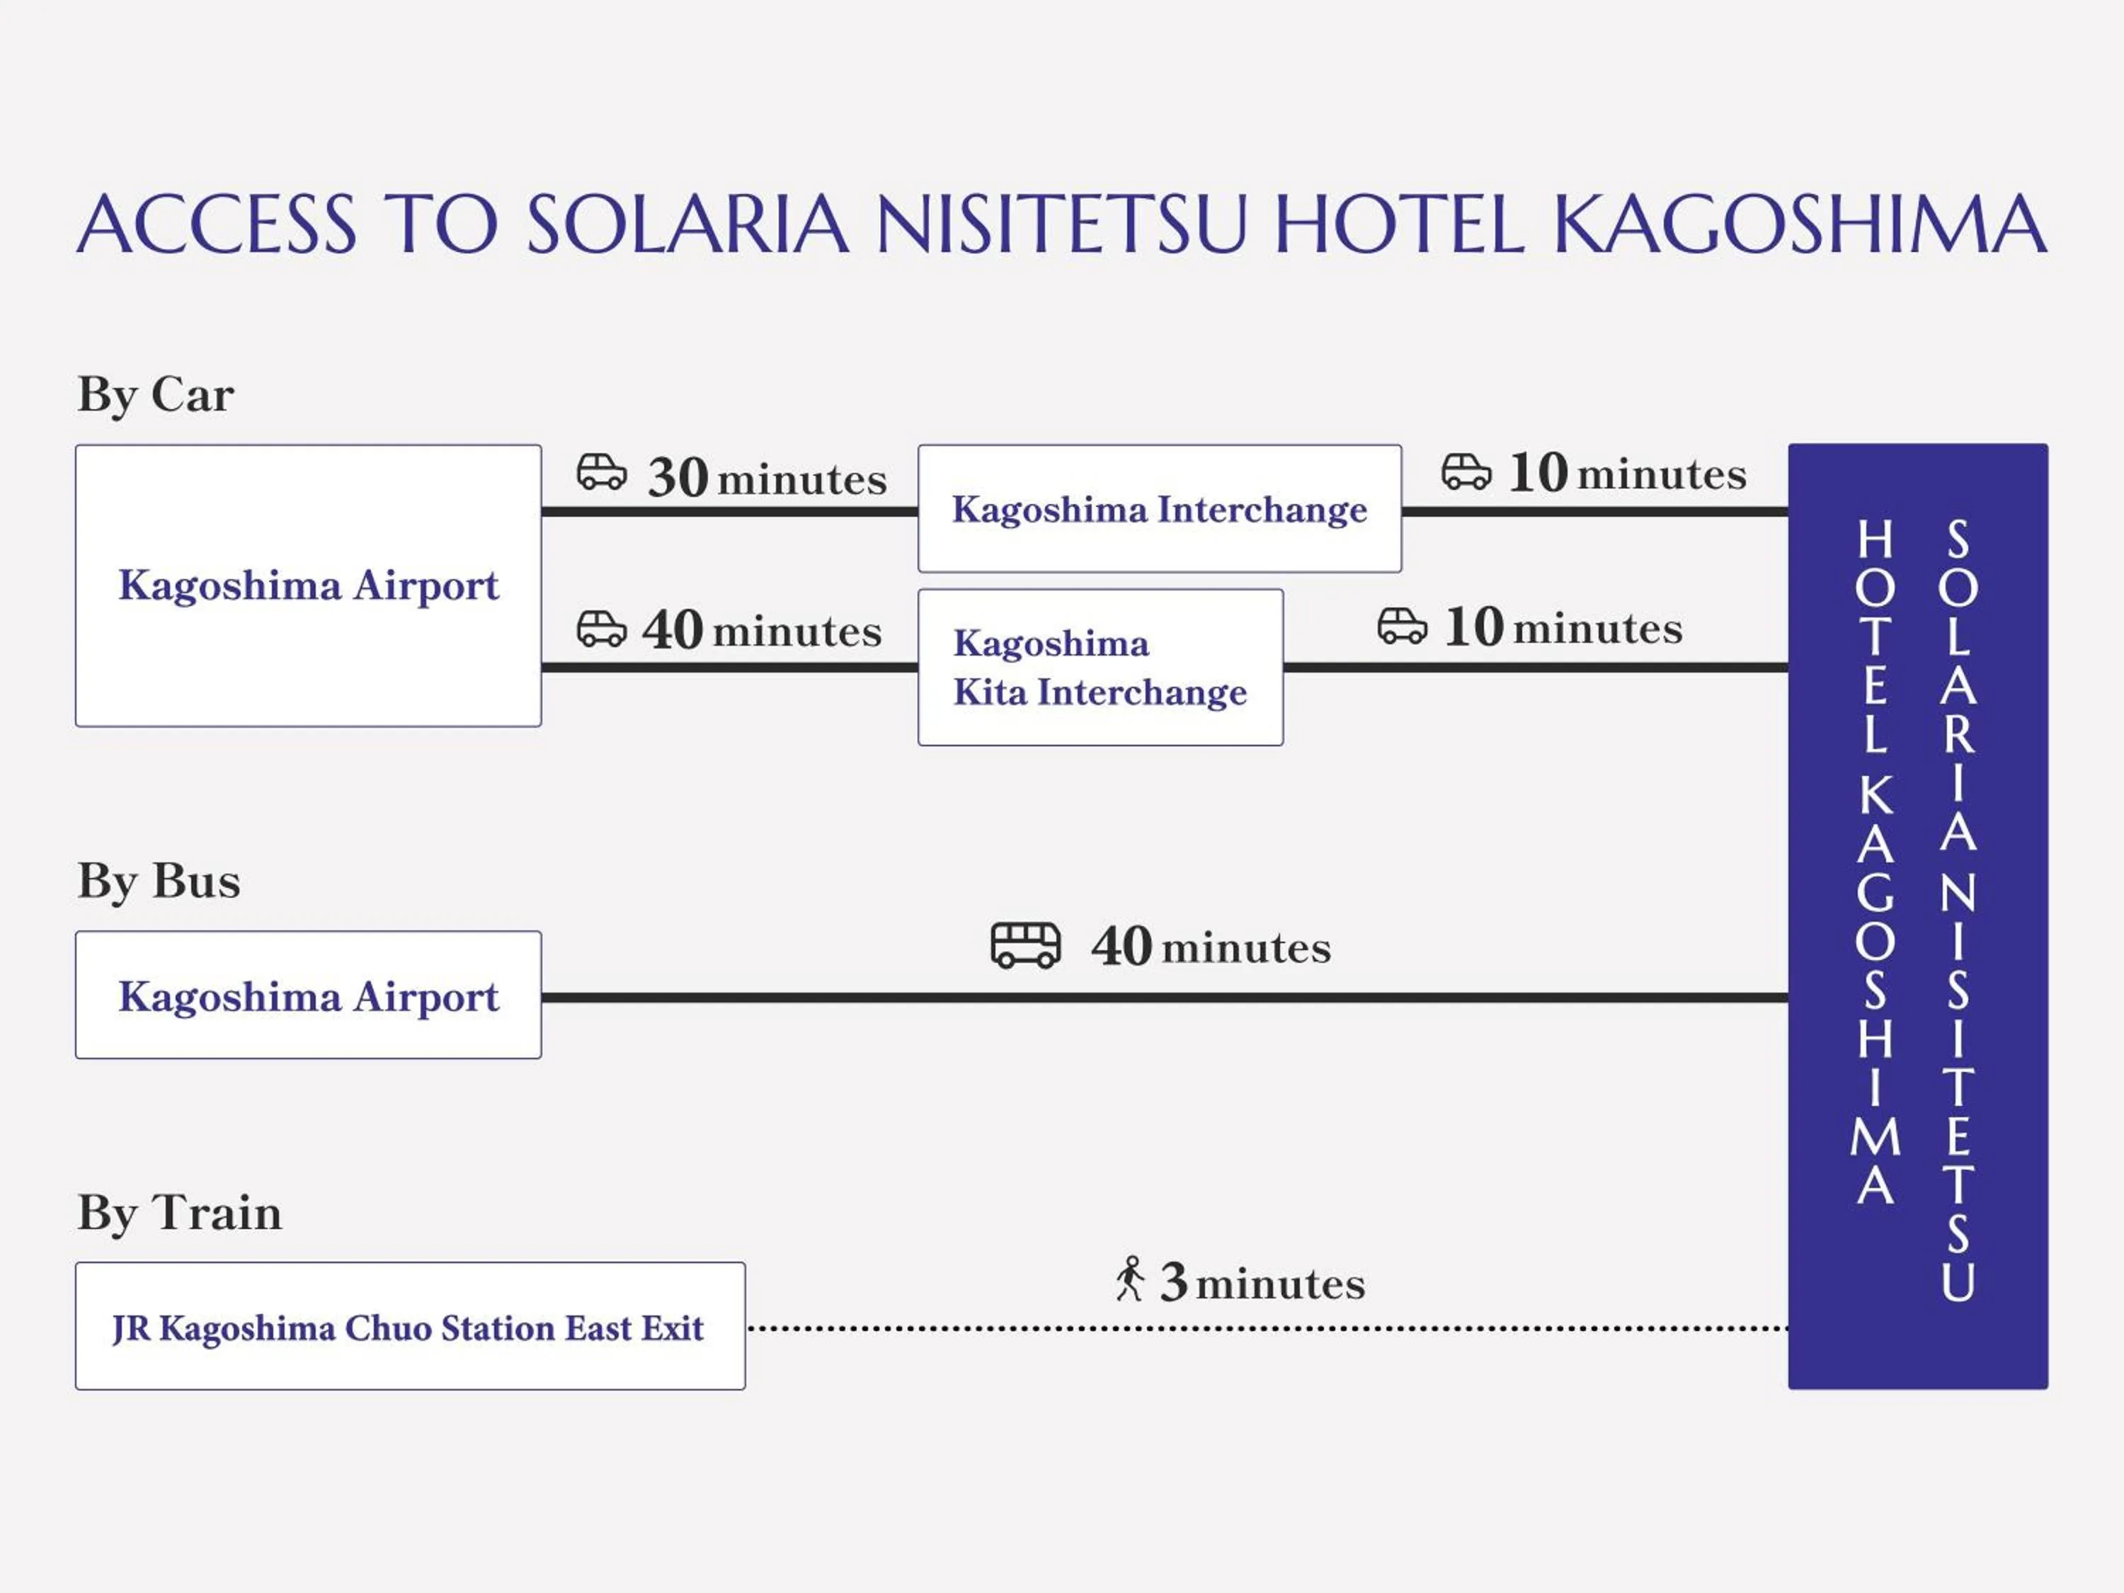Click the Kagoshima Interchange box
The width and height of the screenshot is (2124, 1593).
(1159, 509)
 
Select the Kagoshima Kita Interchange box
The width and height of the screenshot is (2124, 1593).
(1100, 668)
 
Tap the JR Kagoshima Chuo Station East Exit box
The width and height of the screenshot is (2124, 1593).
(410, 1326)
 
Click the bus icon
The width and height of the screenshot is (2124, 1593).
(1025, 946)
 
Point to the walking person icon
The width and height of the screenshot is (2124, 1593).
(1130, 1279)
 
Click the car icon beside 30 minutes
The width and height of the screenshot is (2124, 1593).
(602, 472)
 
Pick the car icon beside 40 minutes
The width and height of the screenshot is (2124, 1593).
(602, 629)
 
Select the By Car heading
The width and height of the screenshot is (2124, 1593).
(156, 394)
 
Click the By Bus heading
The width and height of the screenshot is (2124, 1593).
(159, 881)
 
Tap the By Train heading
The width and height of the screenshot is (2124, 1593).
(180, 1213)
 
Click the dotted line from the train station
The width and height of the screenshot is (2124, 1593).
(1267, 1329)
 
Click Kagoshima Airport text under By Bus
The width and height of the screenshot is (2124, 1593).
(308, 997)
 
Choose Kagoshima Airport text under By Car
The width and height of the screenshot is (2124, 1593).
(308, 585)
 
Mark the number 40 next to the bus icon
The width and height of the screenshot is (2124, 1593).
(1121, 947)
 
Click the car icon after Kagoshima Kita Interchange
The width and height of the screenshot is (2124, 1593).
(1402, 626)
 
